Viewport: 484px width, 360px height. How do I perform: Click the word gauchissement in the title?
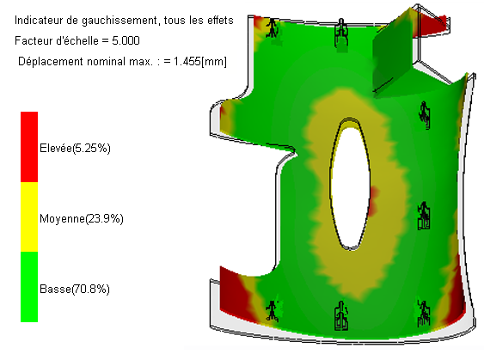click(x=119, y=21)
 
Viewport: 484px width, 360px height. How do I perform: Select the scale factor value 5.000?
click(x=126, y=40)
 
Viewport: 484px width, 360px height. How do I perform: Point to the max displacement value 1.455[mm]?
click(x=200, y=61)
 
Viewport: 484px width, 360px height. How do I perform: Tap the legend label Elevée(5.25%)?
click(x=75, y=148)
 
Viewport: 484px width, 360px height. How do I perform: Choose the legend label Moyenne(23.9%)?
click(x=82, y=218)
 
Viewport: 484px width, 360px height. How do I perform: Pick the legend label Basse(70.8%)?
click(x=75, y=289)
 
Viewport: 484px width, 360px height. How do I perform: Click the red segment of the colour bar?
click(x=29, y=147)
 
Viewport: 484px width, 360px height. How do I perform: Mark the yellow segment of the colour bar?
click(x=29, y=217)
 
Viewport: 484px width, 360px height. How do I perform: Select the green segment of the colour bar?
click(x=29, y=287)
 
